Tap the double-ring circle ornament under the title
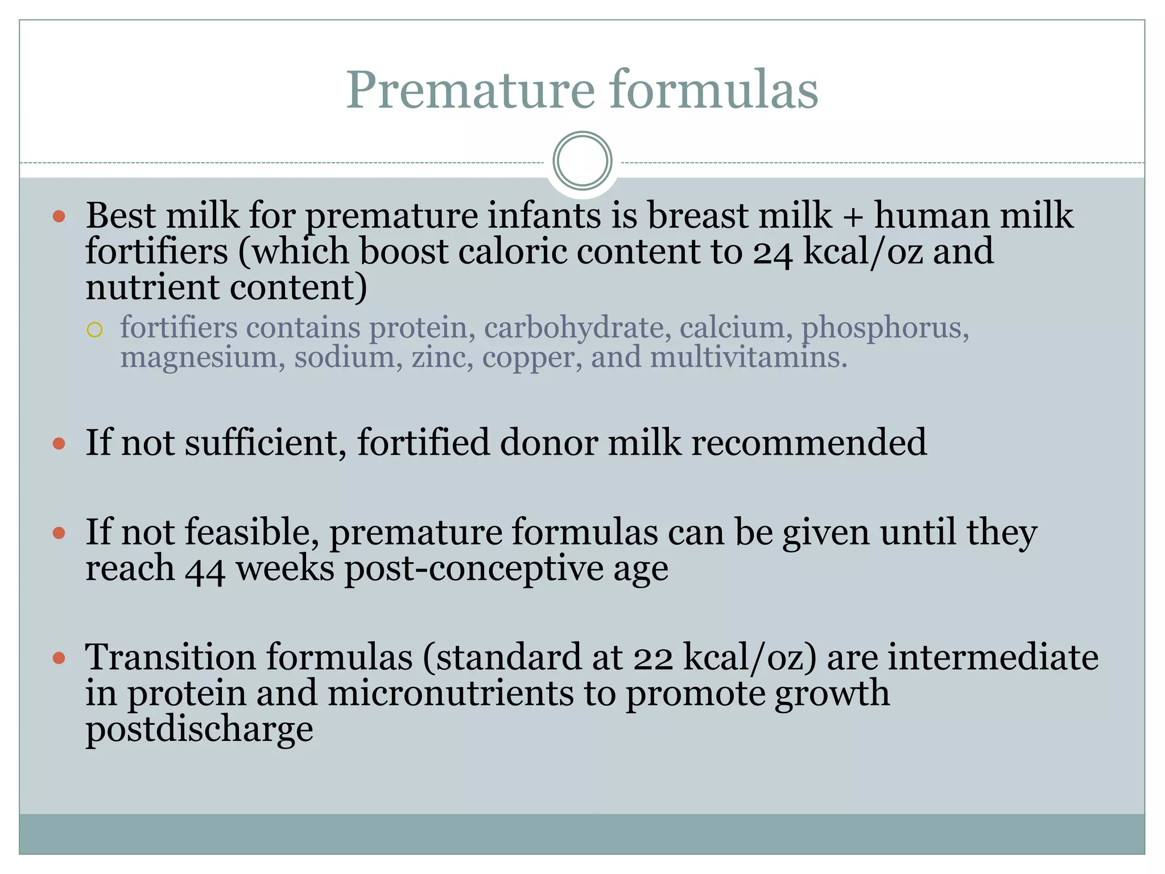pos(582,161)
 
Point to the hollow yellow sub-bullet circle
pos(94,330)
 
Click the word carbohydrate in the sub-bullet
pos(573,328)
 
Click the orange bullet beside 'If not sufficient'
pos(59,443)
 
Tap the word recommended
pos(808,443)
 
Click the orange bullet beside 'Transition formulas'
pos(59,659)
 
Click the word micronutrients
pos(451,694)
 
